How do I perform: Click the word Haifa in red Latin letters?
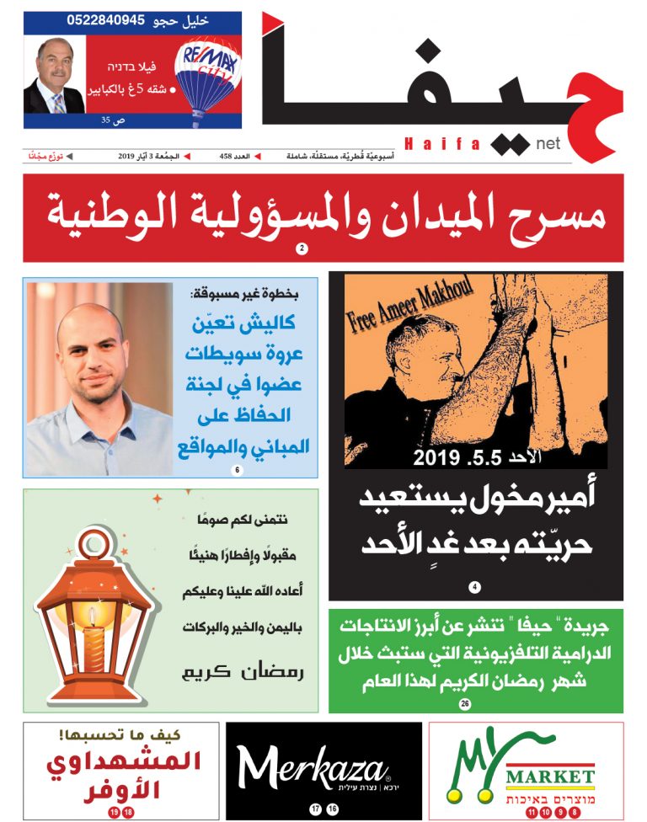[443, 145]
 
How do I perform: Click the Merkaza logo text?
[313, 767]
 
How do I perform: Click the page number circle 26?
[464, 703]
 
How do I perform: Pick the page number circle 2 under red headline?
[301, 249]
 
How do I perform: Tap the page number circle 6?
[237, 469]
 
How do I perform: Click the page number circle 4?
[475, 587]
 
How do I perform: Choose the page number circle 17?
[315, 809]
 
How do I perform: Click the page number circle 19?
[113, 812]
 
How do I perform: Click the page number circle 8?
[575, 812]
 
